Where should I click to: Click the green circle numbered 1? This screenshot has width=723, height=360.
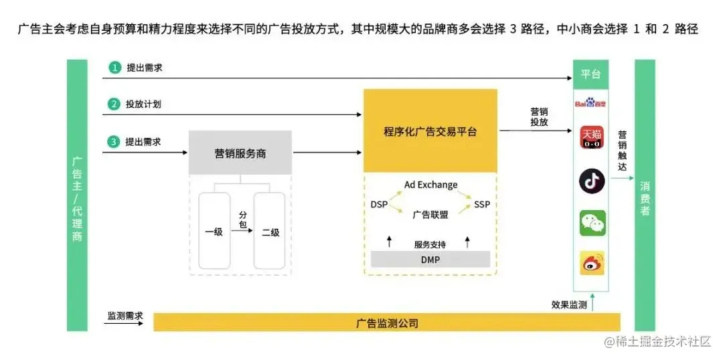116,68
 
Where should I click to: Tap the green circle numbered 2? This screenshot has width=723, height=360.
116,104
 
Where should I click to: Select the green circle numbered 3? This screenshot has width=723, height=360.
116,142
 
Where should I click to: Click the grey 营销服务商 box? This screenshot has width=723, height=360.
240,153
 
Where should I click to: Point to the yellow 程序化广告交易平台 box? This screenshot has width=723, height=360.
430,131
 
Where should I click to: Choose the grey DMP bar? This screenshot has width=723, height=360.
430,260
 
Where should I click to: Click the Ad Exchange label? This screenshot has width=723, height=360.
431,185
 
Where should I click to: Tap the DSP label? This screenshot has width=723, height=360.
379,204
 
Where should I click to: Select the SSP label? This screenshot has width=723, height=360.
482,204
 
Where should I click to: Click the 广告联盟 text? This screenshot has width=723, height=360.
430,215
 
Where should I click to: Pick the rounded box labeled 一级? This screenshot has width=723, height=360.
214,232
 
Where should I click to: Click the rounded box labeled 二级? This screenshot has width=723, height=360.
270,232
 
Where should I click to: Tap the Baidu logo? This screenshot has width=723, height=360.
591,104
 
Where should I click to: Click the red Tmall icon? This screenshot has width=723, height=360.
592,138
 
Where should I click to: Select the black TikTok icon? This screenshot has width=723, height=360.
592,181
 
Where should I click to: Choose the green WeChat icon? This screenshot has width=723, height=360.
592,223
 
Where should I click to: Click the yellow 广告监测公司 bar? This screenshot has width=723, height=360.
387,323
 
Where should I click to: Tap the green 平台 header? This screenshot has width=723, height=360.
591,74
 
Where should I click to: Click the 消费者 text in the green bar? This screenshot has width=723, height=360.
645,197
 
